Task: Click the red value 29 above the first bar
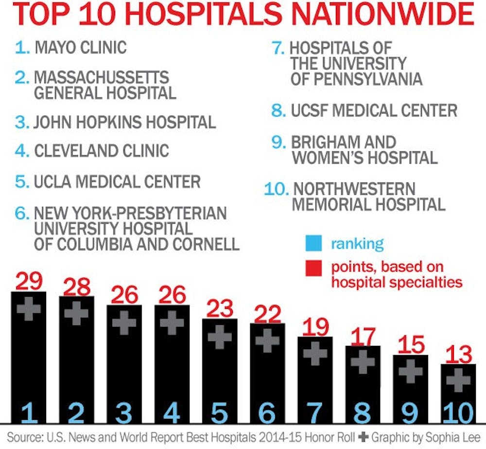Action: point(29,281)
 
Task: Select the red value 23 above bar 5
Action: point(220,308)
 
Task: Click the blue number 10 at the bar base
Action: point(457,414)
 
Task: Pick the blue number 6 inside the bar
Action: point(267,414)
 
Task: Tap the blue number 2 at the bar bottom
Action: point(76,414)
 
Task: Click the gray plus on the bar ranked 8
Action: point(363,361)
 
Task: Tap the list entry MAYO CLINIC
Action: point(80,47)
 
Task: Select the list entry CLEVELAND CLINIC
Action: point(101,150)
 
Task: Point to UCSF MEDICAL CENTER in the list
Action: point(374,110)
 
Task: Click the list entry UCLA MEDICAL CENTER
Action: point(117,181)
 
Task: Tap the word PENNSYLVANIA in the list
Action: point(356,78)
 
